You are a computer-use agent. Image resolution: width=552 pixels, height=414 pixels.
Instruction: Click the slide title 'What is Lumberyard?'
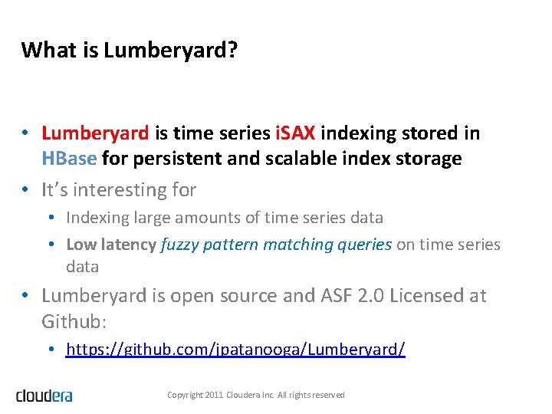pos(130,51)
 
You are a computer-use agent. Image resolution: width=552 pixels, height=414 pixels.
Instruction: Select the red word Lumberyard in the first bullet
pos(95,133)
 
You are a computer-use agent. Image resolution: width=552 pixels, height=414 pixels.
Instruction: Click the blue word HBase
pos(69,159)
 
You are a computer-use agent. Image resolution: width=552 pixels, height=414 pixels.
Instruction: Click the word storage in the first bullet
pos(429,159)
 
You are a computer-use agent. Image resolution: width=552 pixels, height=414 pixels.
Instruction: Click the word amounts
pos(212,218)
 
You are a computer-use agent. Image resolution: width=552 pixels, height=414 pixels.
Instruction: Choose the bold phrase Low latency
pos(111,245)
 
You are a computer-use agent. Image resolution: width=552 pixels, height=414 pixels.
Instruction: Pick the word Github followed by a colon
pos(67,320)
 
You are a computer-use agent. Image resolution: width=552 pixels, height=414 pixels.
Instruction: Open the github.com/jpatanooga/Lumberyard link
pos(235,350)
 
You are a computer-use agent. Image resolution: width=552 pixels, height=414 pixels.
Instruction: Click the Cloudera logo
pos(44,396)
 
